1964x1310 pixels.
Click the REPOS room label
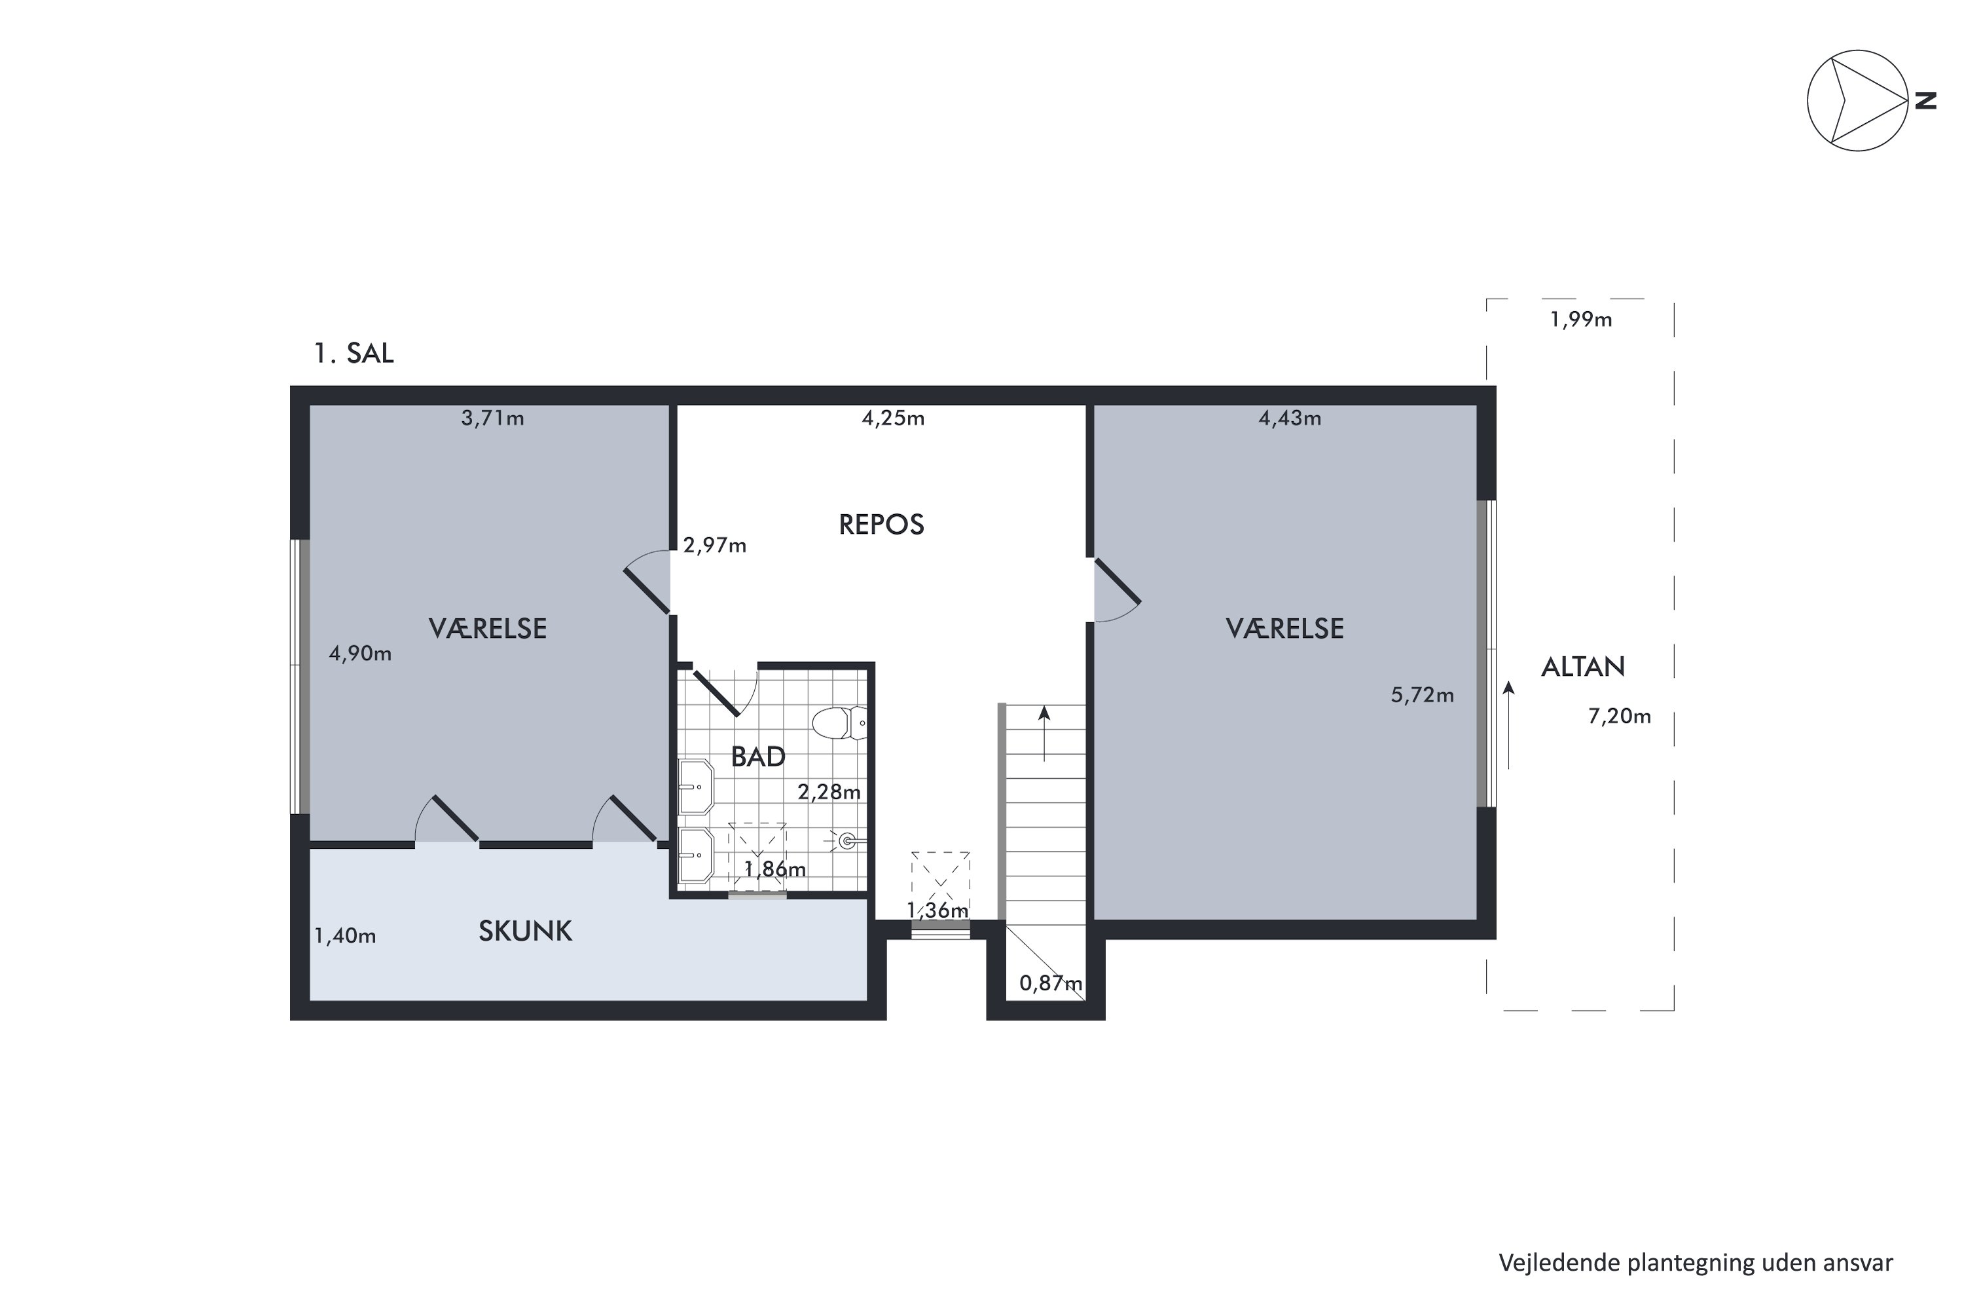[881, 525]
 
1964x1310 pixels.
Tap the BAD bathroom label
[758, 757]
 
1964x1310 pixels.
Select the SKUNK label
[525, 931]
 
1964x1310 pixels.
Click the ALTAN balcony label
[1582, 667]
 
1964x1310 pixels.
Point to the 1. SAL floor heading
[354, 354]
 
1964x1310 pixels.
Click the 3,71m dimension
[493, 418]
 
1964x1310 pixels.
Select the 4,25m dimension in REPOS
[893, 418]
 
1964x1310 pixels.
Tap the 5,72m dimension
[1422, 695]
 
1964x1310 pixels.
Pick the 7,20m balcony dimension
[1619, 716]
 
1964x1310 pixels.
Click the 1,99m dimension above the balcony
[1581, 319]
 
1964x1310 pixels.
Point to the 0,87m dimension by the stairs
[1051, 983]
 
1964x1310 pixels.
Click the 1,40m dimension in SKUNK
[345, 936]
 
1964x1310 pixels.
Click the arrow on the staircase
[1044, 734]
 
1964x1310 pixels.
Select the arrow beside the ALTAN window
[1508, 724]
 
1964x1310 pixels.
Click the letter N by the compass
[1925, 100]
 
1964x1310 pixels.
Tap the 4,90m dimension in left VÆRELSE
[360, 653]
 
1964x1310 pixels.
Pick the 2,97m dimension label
[715, 546]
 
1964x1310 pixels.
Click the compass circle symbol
[1808, 100]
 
